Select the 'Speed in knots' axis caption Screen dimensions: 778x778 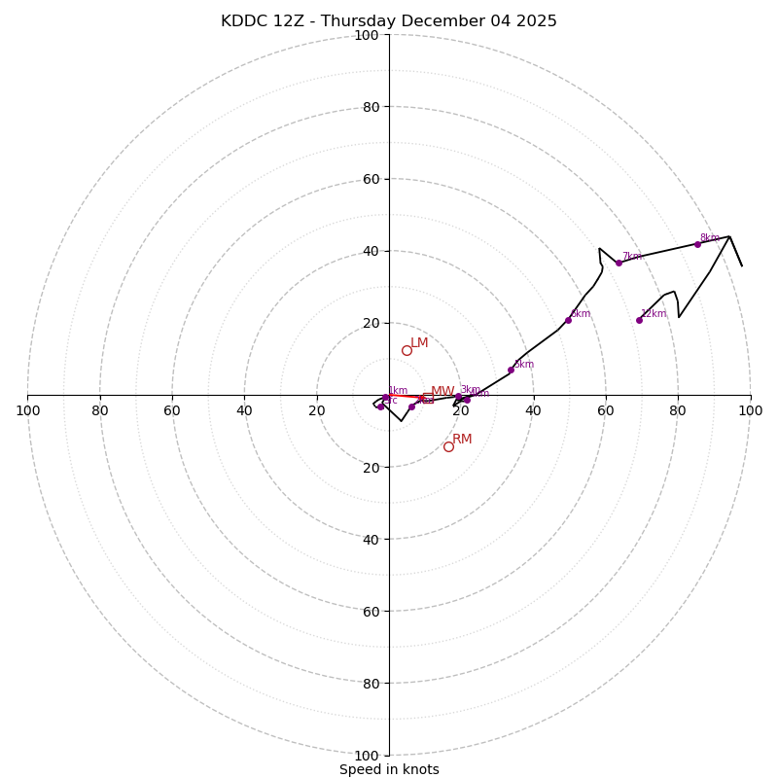(389, 769)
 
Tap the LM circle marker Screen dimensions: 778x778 (407, 350)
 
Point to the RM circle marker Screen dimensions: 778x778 (448, 446)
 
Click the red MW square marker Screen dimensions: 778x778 (427, 397)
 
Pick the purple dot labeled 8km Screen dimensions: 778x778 (697, 244)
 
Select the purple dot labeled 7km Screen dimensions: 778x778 (619, 263)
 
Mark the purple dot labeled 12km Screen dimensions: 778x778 (639, 320)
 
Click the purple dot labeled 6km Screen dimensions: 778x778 (568, 320)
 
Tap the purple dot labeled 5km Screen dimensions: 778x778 (511, 370)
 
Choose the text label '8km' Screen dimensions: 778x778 (710, 238)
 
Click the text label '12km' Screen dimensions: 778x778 (654, 313)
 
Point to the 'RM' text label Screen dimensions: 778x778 (462, 440)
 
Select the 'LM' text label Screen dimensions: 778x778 (419, 343)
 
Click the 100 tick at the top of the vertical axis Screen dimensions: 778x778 (367, 35)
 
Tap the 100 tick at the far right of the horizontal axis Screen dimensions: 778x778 (750, 410)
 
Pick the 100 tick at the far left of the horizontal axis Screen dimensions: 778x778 (28, 410)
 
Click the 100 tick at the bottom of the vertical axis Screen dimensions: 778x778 (367, 756)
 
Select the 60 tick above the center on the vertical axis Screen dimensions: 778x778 (371, 179)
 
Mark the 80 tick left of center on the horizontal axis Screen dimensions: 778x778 (100, 410)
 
